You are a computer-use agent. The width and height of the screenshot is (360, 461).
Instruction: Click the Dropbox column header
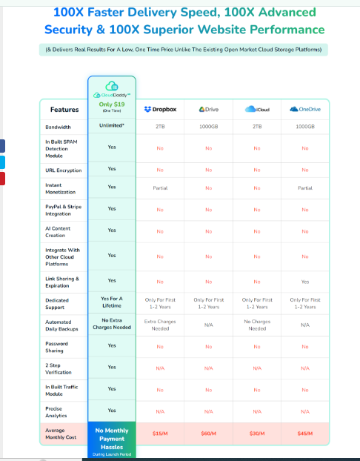click(x=160, y=109)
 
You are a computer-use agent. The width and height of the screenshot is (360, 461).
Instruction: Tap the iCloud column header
click(x=257, y=109)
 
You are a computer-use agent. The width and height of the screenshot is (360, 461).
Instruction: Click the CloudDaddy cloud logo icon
click(x=111, y=86)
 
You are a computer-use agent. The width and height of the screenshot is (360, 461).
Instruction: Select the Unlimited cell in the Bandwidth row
click(x=111, y=127)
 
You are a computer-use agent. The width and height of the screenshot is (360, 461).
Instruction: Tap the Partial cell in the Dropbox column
click(x=160, y=188)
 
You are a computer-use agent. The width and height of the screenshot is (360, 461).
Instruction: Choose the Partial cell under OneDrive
click(x=304, y=188)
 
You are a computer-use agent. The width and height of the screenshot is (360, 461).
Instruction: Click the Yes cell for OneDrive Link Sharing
click(x=304, y=282)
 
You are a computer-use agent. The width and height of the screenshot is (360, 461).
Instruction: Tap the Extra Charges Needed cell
click(x=160, y=325)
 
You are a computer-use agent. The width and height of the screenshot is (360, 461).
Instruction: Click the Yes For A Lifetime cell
click(x=111, y=302)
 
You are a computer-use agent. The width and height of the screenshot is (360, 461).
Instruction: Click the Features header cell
click(x=64, y=110)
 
